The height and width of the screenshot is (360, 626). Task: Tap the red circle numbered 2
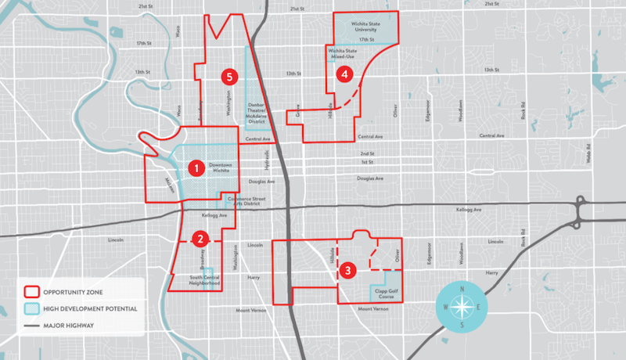tap(201, 239)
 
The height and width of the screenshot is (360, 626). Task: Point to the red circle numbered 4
tap(342, 74)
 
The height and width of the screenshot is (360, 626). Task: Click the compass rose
tap(462, 306)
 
